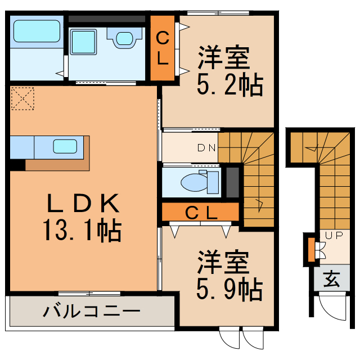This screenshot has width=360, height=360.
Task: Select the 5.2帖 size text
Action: click(x=229, y=85)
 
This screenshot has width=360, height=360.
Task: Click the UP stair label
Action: click(x=330, y=236)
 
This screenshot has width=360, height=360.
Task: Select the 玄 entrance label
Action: click(x=331, y=278)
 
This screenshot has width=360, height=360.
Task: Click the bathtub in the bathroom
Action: click(x=37, y=32)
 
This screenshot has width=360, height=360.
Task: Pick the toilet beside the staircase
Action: click(x=196, y=182)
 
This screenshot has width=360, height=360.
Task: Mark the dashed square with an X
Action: click(x=23, y=98)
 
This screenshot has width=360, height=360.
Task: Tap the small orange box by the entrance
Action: click(x=310, y=250)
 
